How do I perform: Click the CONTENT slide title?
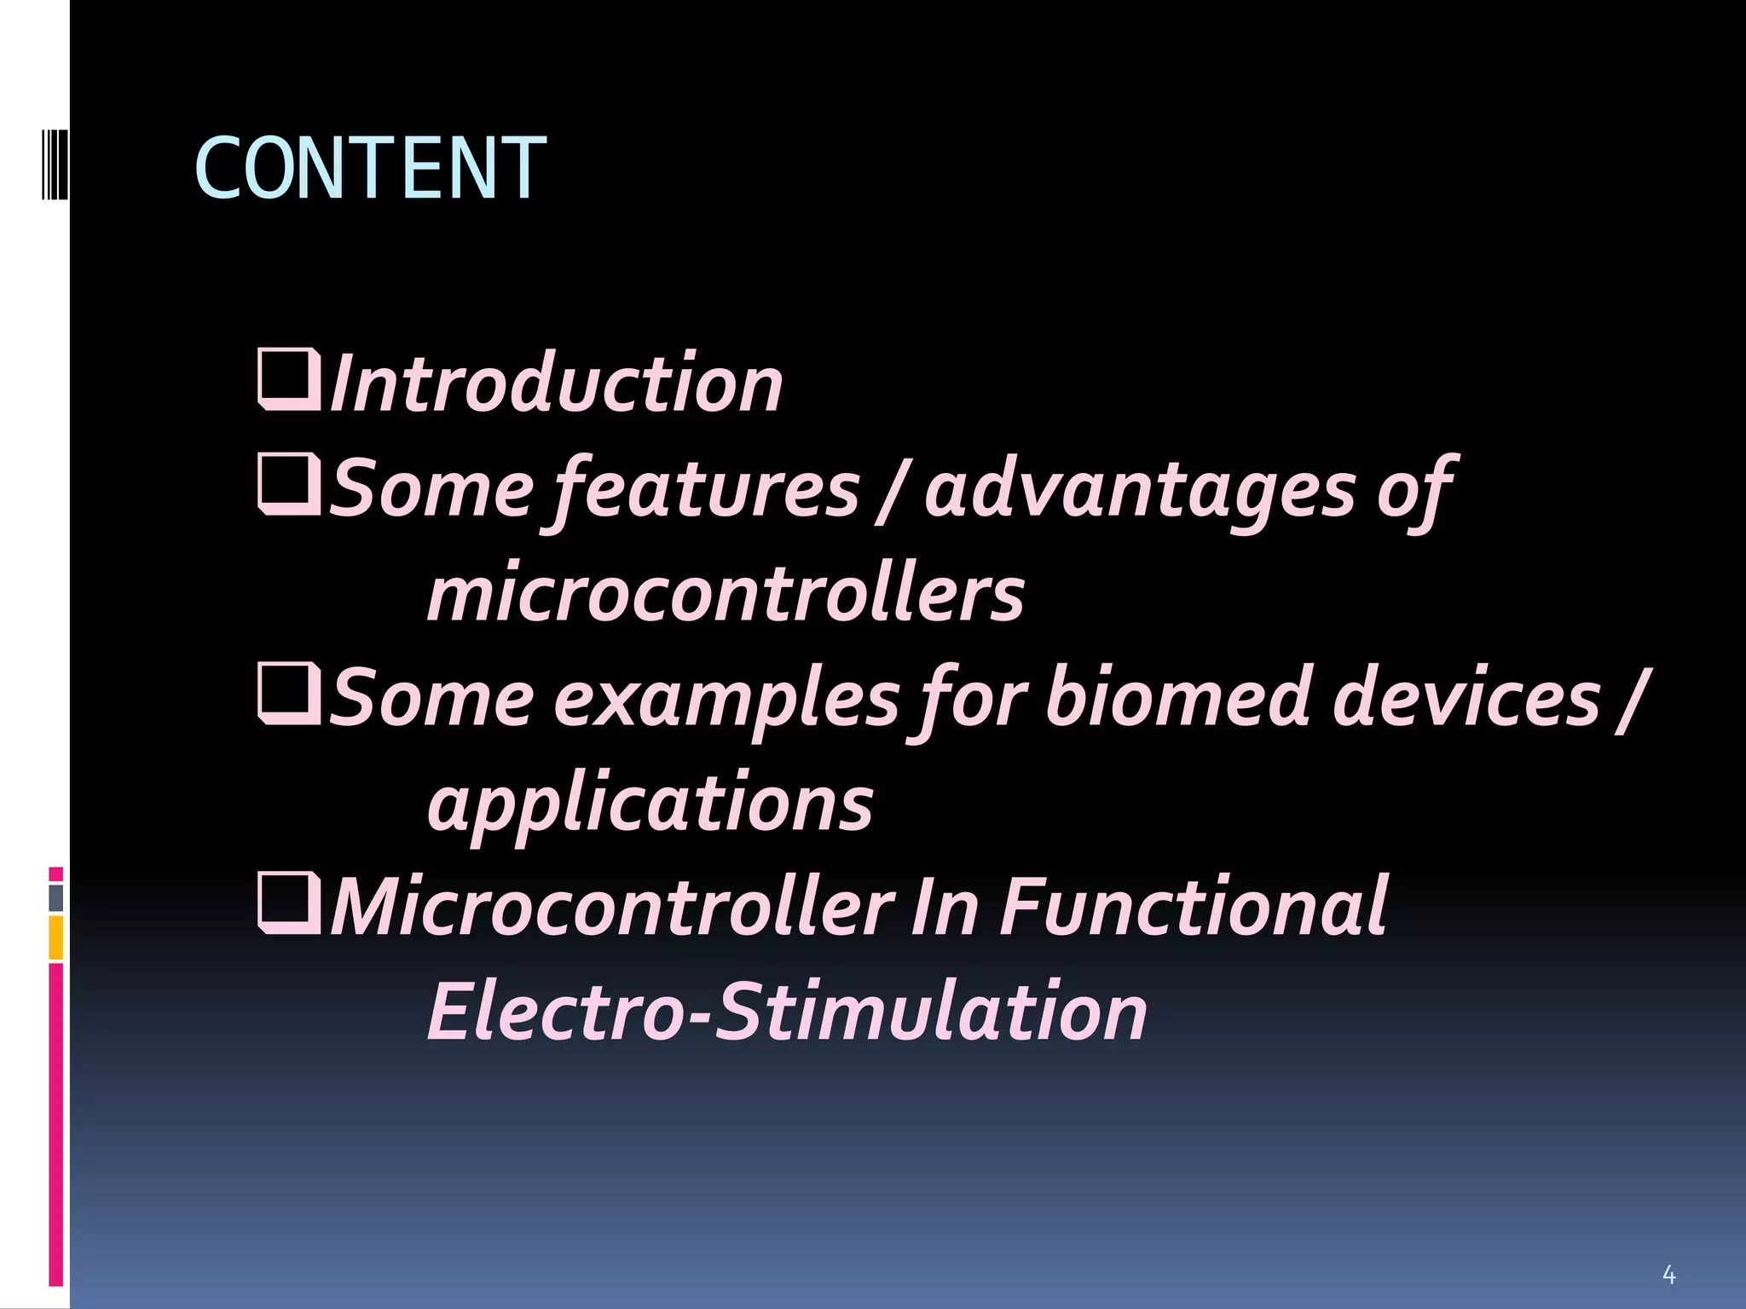pyautogui.click(x=370, y=169)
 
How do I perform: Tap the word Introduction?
pyautogui.click(x=556, y=384)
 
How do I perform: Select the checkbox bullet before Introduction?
pyautogui.click(x=289, y=380)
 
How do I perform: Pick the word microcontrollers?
pyautogui.click(x=726, y=594)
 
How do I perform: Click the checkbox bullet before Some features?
pyautogui.click(x=289, y=485)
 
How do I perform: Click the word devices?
pyautogui.click(x=1466, y=697)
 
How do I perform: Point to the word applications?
pyautogui.click(x=650, y=803)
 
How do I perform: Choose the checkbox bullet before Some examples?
pyautogui.click(x=289, y=694)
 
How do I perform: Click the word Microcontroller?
pyautogui.click(x=612, y=907)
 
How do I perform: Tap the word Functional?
pyautogui.click(x=1194, y=907)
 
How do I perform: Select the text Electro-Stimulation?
pyautogui.click(x=787, y=1012)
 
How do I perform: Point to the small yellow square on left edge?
pyautogui.click(x=56, y=937)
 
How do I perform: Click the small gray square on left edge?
pyautogui.click(x=56, y=898)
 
